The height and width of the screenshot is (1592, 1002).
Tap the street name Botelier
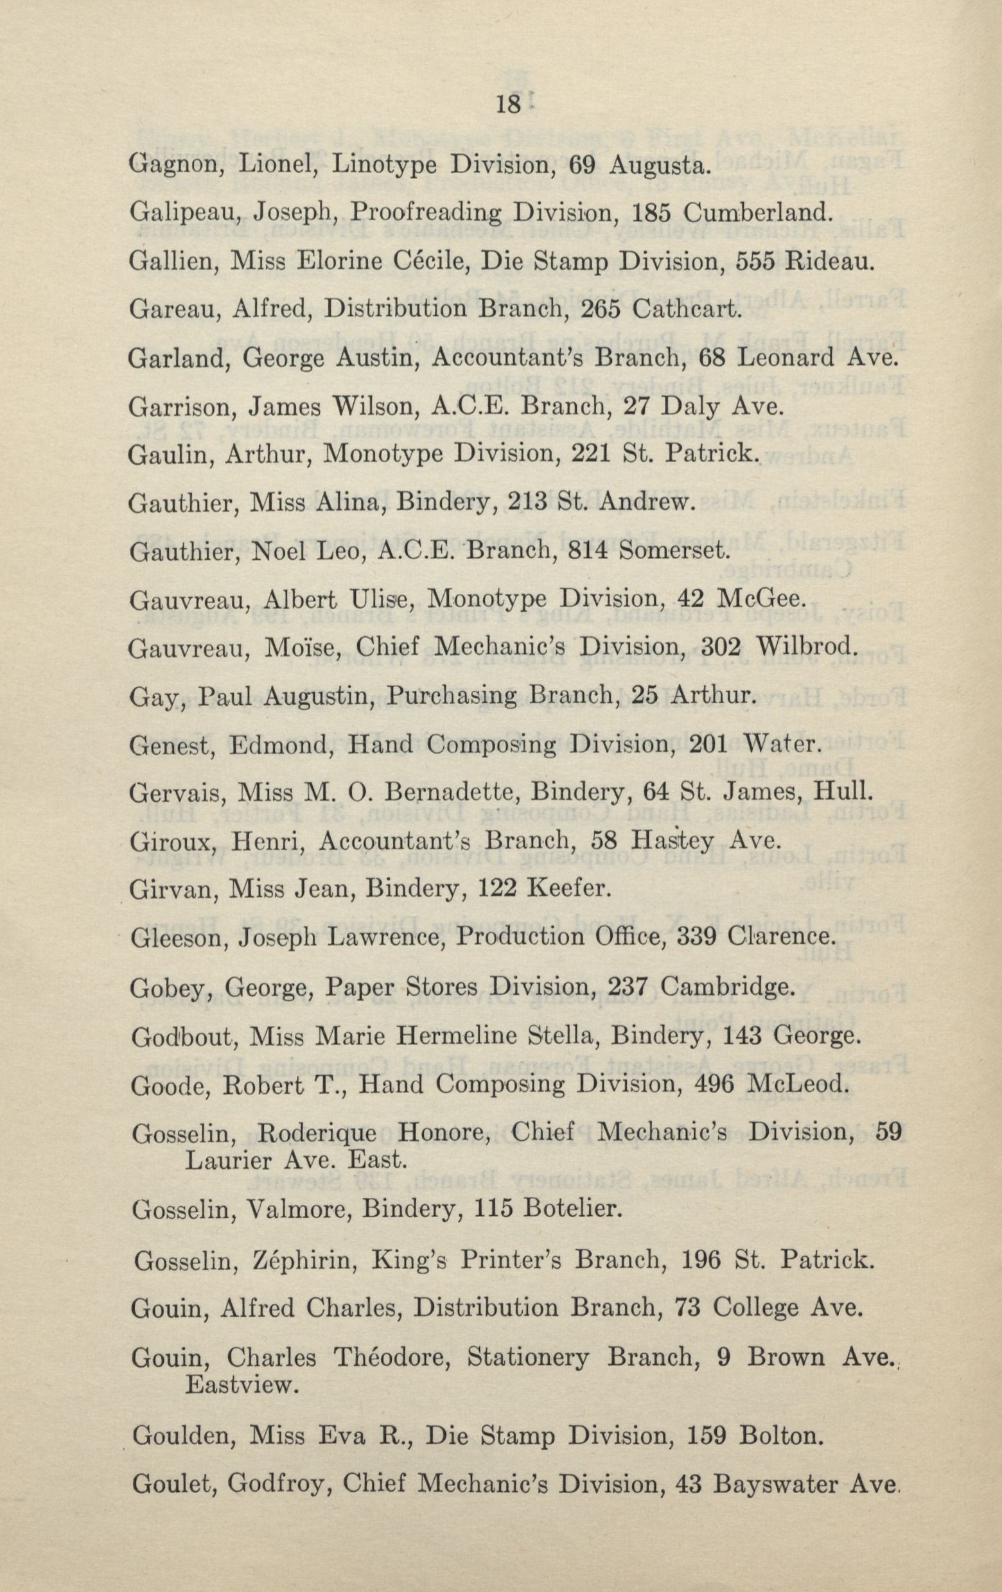(572, 1190)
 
